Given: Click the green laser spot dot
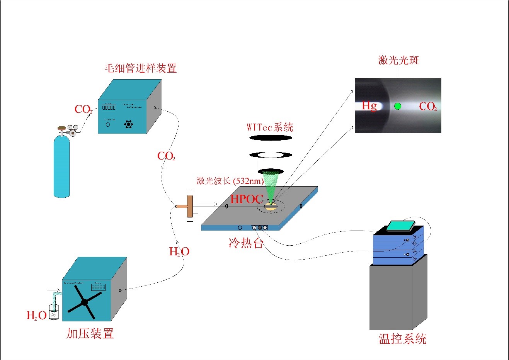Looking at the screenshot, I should point(397,106).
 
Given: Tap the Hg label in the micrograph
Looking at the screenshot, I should point(369,105).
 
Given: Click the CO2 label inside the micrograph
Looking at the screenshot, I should point(428,106).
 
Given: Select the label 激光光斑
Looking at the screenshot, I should point(398,60).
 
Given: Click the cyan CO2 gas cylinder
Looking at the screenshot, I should point(62,166).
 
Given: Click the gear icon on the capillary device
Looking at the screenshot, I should point(128,124).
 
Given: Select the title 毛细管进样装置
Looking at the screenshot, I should point(140,68).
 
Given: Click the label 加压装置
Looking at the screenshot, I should point(90,333).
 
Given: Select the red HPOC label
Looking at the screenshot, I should point(247,199).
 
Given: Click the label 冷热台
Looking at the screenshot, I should point(246,243).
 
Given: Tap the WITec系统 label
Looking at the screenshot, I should point(270,127).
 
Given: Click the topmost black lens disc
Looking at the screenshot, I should point(271,138).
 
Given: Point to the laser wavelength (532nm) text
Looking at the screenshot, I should point(230,181).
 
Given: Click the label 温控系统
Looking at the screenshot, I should point(402,339).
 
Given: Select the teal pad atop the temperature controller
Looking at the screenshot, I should point(400,226).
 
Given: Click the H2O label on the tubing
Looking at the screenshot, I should point(179,251).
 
